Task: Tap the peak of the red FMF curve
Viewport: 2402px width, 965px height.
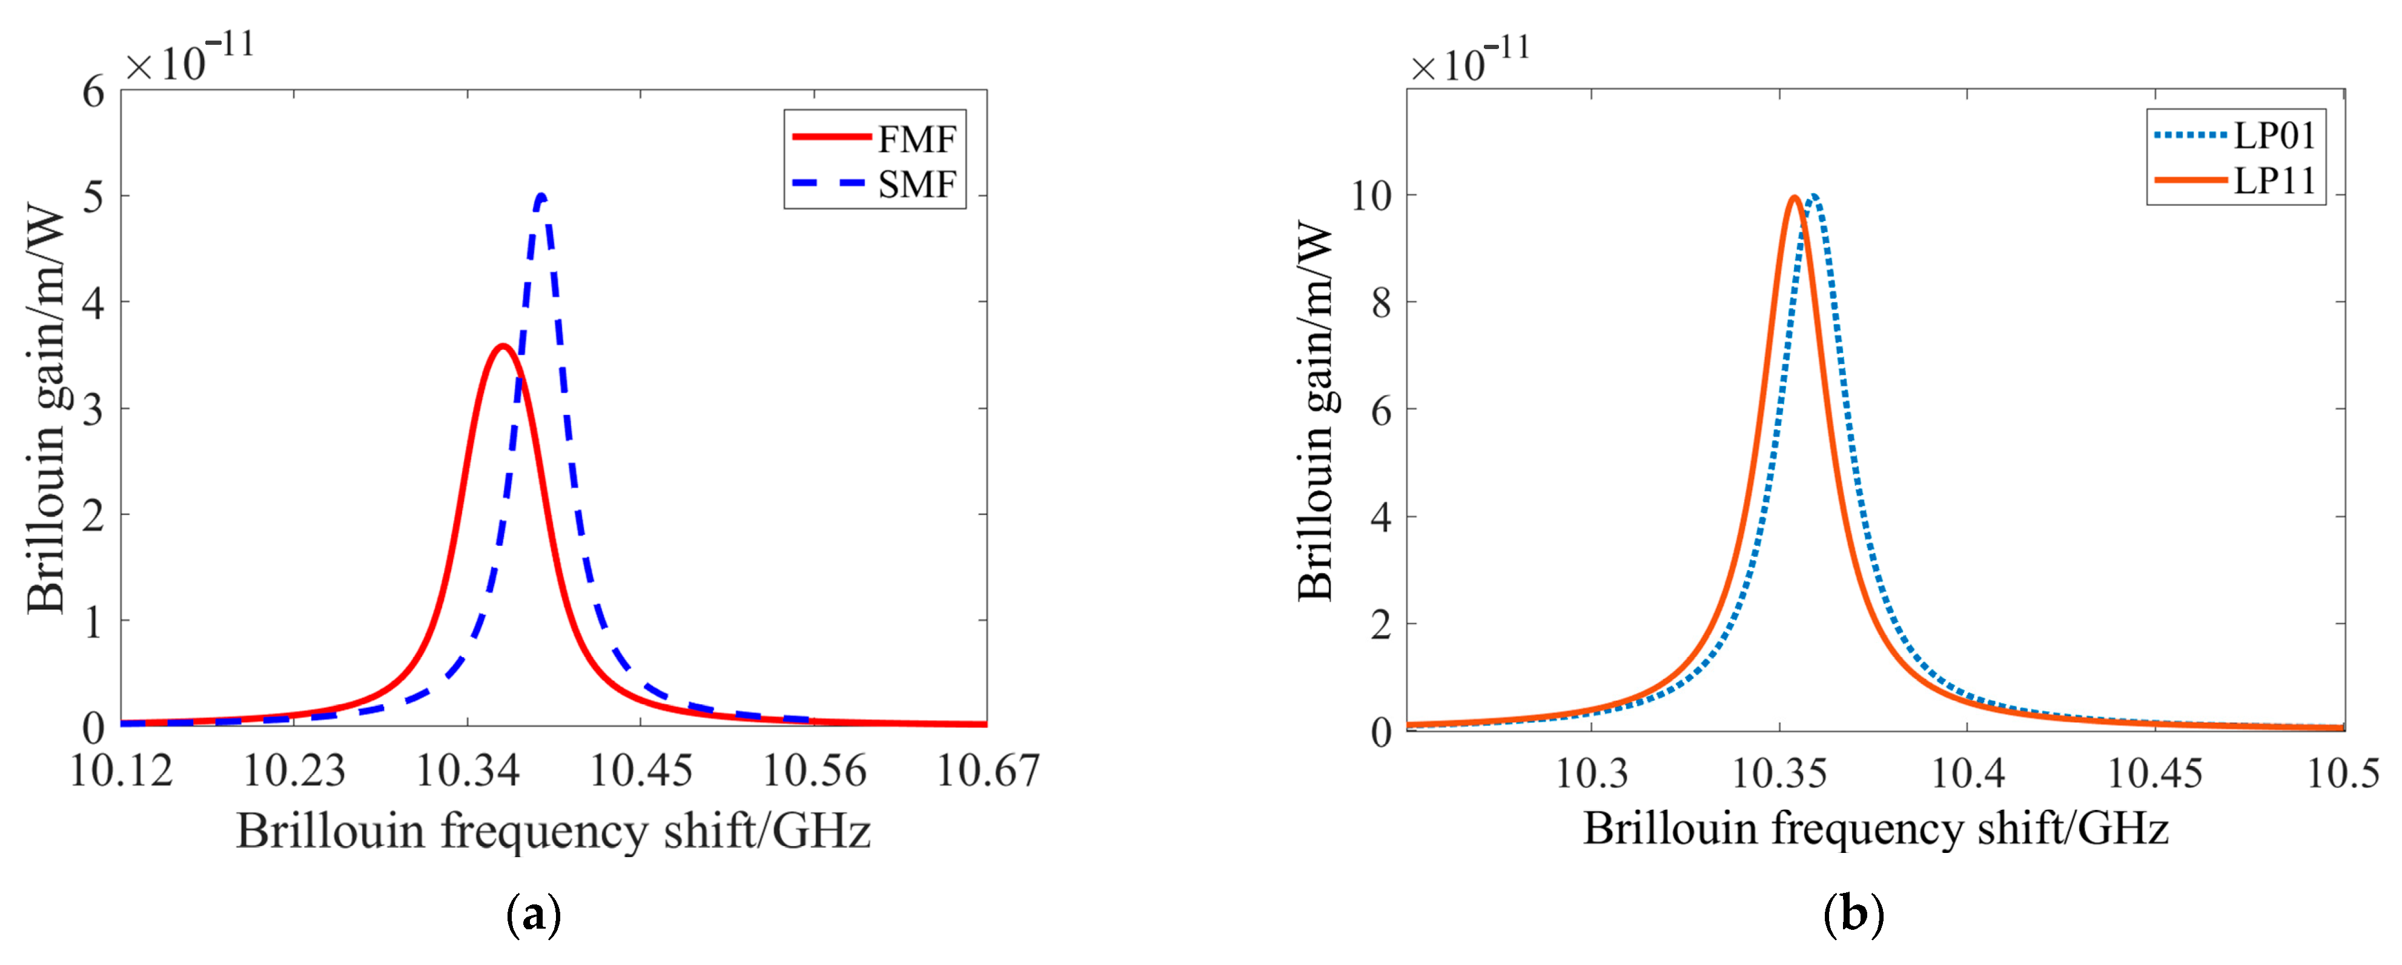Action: click(x=503, y=347)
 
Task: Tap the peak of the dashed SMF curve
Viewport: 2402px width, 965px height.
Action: click(x=543, y=196)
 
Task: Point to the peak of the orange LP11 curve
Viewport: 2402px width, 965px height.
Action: click(x=1794, y=197)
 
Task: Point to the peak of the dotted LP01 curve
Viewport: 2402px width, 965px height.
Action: click(x=1813, y=196)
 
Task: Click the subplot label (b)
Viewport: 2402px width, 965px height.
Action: click(x=1853, y=915)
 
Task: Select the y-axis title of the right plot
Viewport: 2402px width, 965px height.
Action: click(x=1315, y=410)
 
